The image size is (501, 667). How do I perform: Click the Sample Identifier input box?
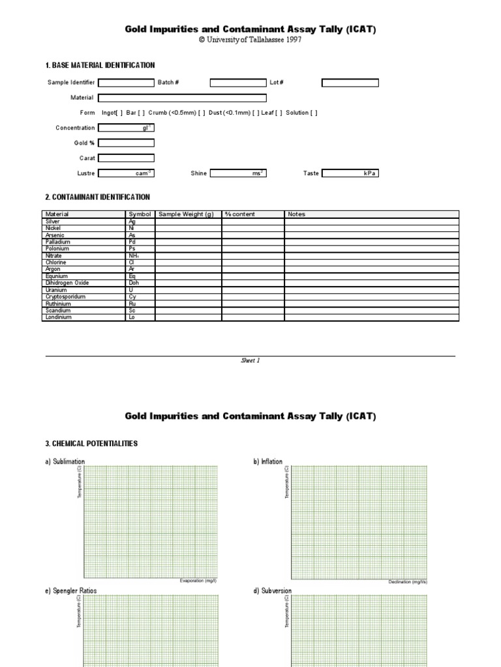point(126,83)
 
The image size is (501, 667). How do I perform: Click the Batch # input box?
point(238,83)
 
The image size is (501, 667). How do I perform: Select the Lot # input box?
point(350,83)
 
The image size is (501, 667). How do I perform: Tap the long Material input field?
point(182,98)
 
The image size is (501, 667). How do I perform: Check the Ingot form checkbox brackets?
point(120,113)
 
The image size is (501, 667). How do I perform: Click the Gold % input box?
point(126,143)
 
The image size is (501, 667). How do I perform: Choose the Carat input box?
point(126,158)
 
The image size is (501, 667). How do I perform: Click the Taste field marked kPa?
point(350,173)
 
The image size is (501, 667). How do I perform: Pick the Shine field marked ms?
point(238,173)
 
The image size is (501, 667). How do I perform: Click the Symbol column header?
point(140,214)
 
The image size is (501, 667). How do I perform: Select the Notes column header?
point(296,214)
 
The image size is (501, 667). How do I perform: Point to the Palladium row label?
point(57,242)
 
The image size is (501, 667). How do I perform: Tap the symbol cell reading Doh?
point(134,283)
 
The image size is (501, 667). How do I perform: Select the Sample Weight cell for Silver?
point(188,221)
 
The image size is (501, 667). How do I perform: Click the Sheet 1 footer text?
point(250,360)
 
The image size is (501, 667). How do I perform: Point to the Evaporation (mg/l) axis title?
point(198,580)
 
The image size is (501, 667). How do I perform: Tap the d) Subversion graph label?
point(272,591)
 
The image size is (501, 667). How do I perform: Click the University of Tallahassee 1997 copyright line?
point(250,40)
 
